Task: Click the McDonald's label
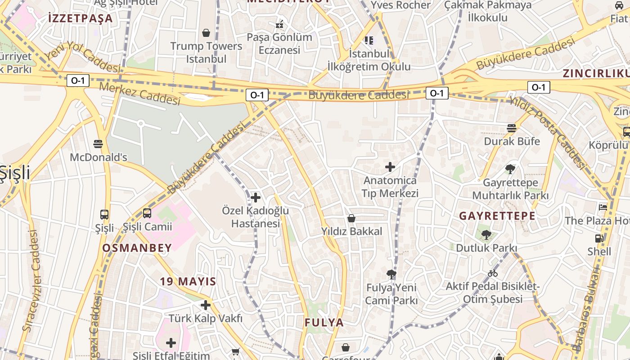tap(99, 157)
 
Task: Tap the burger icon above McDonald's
tap(98, 144)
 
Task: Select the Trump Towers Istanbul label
tap(206, 52)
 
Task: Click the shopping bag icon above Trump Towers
tap(206, 33)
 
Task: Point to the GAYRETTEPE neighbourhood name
tap(497, 216)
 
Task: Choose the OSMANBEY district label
tap(137, 248)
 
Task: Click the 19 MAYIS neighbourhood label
tap(188, 282)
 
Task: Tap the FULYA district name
tap(324, 323)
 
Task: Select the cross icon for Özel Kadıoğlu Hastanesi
tap(255, 198)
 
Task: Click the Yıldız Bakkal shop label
tap(351, 231)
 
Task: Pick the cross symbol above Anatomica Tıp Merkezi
tap(390, 167)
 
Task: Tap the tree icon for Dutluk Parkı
tap(486, 234)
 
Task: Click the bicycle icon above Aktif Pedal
tap(493, 273)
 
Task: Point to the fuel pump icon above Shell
tap(599, 238)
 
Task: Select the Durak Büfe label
tap(512, 141)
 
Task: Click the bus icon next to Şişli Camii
tap(147, 213)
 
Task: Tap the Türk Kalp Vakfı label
tap(206, 319)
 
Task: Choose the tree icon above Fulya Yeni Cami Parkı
tap(391, 274)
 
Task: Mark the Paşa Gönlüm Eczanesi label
tap(279, 43)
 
